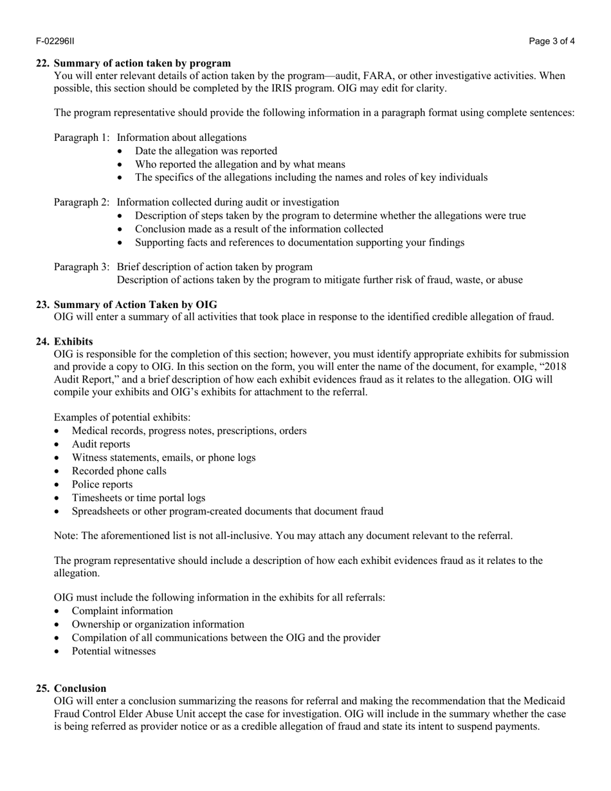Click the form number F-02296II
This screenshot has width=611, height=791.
[55, 41]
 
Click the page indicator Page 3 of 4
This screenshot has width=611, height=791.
[552, 41]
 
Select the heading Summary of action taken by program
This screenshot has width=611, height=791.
[142, 63]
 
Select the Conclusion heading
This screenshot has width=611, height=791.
[80, 688]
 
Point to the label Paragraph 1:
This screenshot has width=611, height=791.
[82, 138]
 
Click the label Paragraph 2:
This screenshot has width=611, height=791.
[82, 203]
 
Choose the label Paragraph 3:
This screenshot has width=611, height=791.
[82, 267]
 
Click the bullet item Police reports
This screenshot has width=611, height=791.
[102, 484]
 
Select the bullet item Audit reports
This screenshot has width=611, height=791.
[101, 444]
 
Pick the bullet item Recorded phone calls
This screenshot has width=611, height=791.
[119, 471]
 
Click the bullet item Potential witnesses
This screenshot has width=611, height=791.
[114, 651]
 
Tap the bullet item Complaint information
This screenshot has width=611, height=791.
[122, 611]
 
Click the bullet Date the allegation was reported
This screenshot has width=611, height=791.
[206, 151]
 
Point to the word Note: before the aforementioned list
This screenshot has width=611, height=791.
[66, 536]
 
